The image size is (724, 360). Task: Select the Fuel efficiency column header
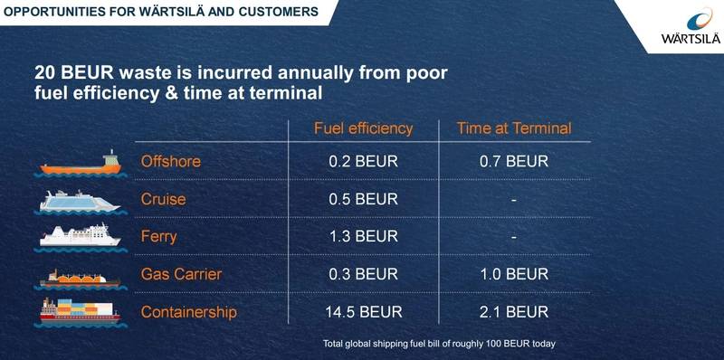pos(363,128)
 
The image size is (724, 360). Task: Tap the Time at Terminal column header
pos(514,128)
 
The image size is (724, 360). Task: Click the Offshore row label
pos(170,163)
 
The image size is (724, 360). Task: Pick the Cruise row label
pos(164,200)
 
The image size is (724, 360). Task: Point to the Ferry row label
pos(159,237)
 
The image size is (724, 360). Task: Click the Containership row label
pos(189,312)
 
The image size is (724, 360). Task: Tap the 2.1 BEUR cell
pos(514,312)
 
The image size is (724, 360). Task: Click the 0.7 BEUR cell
pos(514,163)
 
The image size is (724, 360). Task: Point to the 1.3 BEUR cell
pos(363,237)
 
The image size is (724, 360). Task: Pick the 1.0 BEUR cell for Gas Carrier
pos(514,275)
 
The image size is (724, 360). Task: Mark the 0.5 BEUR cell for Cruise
pos(363,200)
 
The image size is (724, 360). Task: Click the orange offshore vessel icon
pos(80,165)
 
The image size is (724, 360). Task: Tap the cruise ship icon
pos(80,201)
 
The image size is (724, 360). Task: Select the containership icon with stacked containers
pos(80,313)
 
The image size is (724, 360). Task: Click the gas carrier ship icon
pos(80,277)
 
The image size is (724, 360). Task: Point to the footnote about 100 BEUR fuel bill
pos(437,343)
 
